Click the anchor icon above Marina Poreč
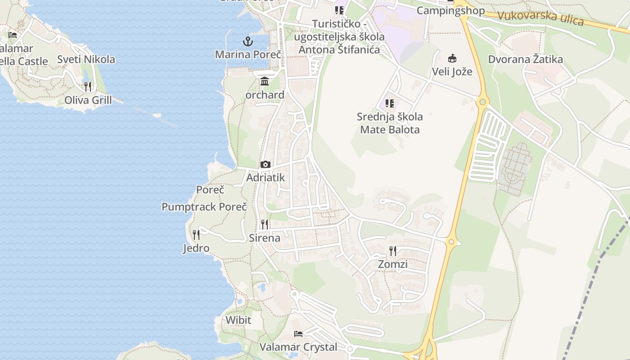(x=247, y=42)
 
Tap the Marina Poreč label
(x=248, y=54)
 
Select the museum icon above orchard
(x=265, y=82)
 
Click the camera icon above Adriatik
(x=265, y=165)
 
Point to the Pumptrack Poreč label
(x=204, y=207)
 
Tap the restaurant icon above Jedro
(x=196, y=235)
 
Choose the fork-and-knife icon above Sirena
(x=265, y=225)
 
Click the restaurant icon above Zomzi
(x=393, y=251)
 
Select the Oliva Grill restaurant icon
(x=88, y=86)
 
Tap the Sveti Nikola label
(x=86, y=59)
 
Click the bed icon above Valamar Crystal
(x=298, y=334)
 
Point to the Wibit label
(x=238, y=320)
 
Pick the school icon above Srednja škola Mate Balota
(x=390, y=103)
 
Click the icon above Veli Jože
(x=452, y=58)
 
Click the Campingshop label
(x=450, y=10)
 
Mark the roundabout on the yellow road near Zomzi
(x=451, y=242)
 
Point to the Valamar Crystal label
(x=298, y=347)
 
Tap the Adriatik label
(x=265, y=177)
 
